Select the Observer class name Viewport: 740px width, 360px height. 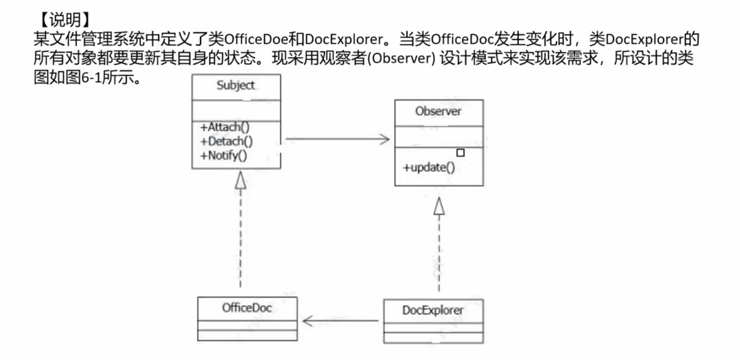pyautogui.click(x=438, y=112)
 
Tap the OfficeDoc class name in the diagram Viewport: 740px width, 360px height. pyautogui.click(x=247, y=308)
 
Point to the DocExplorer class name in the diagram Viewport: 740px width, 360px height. pyautogui.click(x=433, y=310)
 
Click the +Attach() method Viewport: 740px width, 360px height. pyautogui.click(x=225, y=127)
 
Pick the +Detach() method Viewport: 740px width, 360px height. pyautogui.click(x=226, y=142)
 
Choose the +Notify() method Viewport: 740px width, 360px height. pyautogui.click(x=224, y=156)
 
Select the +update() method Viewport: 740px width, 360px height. pyautogui.click(x=429, y=168)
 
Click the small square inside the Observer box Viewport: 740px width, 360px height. pyautogui.click(x=460, y=153)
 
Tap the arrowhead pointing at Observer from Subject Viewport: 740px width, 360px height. pyautogui.click(x=385, y=139)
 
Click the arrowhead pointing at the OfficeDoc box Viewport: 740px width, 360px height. pyautogui.click(x=308, y=321)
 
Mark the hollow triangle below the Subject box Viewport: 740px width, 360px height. pyautogui.click(x=240, y=181)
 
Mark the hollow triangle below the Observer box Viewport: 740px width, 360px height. pyautogui.click(x=438, y=206)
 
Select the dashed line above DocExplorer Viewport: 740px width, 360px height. pyautogui.click(x=438, y=253)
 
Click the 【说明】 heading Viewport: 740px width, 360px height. pyautogui.click(x=65, y=20)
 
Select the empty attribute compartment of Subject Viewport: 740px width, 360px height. pyautogui.click(x=236, y=110)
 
